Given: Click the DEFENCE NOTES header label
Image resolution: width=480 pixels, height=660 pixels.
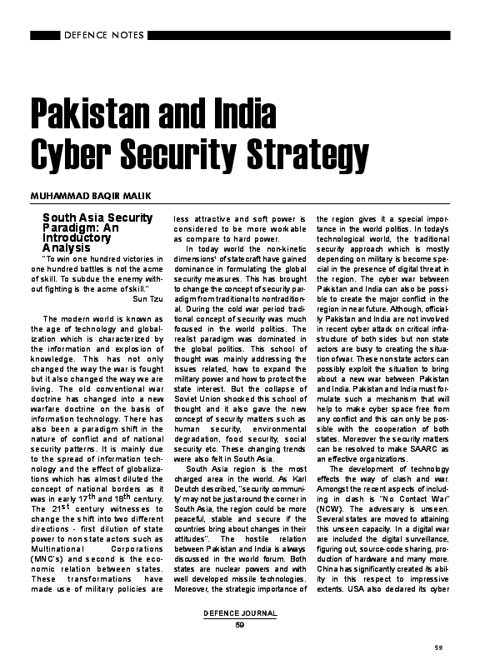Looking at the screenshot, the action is [x=103, y=36].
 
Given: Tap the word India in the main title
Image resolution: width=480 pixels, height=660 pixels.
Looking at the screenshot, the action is [x=234, y=112].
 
